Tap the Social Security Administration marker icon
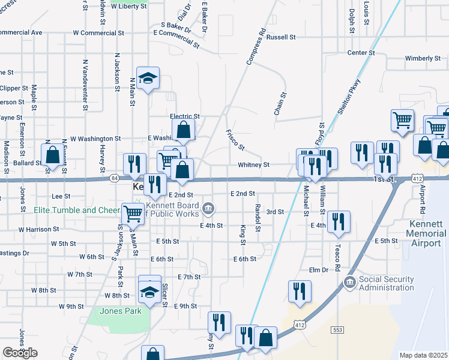coord(349,281)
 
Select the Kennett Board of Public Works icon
coord(208,209)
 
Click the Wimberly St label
coord(423,59)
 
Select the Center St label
coord(361,53)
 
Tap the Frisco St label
coord(235,139)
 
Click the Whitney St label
coord(253,164)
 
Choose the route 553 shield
coord(338,329)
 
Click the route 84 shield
coord(114,178)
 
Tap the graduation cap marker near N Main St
coord(148,77)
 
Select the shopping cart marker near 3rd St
coord(132,213)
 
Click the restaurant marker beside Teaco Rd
coord(339,221)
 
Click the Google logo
coord(20,353)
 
